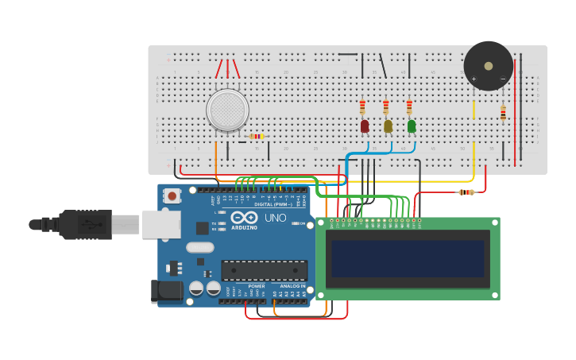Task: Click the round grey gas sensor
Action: pyautogui.click(x=227, y=110)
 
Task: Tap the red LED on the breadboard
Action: pyautogui.click(x=365, y=126)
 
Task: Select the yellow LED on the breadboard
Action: pyautogui.click(x=388, y=126)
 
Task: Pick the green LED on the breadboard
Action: pyautogui.click(x=412, y=126)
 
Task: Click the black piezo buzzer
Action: pyautogui.click(x=488, y=66)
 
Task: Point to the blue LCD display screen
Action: pyautogui.click(x=408, y=259)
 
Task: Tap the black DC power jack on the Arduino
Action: pyautogui.click(x=167, y=291)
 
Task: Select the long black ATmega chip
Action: pyautogui.click(x=264, y=270)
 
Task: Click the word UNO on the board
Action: pyautogui.click(x=276, y=218)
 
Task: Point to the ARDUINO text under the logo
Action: pyautogui.click(x=244, y=227)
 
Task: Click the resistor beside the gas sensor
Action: pyautogui.click(x=256, y=137)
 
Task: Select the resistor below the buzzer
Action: pyautogui.click(x=503, y=113)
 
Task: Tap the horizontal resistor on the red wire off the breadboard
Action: pyautogui.click(x=466, y=192)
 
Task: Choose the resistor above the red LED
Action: pyautogui.click(x=362, y=106)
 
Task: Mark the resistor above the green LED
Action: pyautogui.click(x=409, y=106)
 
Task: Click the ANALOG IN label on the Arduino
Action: pyautogui.click(x=292, y=286)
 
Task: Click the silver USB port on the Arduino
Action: pyautogui.click(x=161, y=224)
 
